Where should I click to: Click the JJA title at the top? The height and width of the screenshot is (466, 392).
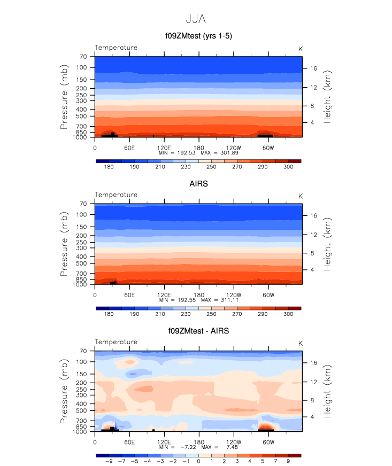coord(195,19)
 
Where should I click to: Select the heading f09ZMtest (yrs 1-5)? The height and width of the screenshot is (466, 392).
coord(198,36)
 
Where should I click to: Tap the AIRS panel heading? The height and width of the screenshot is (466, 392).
coord(198,184)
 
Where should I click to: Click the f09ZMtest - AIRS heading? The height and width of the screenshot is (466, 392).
coord(198,331)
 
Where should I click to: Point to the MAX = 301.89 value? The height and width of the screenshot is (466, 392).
coord(219,153)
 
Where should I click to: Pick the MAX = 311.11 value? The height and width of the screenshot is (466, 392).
coord(219,300)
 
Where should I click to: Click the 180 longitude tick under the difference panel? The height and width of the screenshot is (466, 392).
coord(198,442)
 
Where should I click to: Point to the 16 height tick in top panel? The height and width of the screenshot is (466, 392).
coord(314,68)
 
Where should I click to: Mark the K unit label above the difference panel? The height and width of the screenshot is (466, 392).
coord(301,343)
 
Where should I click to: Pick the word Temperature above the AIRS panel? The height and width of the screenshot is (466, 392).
coord(116,195)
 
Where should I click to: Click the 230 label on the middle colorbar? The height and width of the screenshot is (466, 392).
coord(185,315)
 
